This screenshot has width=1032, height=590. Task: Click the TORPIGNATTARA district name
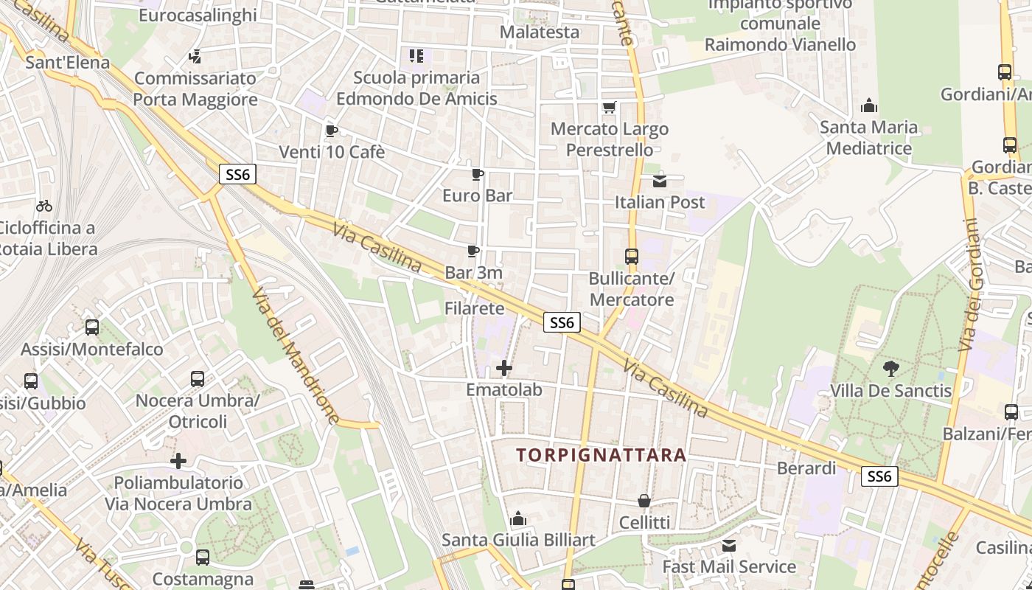[x=602, y=455]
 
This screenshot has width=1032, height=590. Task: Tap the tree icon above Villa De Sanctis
[x=890, y=367]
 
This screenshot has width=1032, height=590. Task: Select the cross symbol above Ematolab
[x=504, y=367]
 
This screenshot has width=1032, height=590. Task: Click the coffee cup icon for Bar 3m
[x=473, y=251]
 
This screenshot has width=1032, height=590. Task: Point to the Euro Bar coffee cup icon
[x=478, y=175]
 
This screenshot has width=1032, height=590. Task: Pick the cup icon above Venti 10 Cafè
[x=332, y=131]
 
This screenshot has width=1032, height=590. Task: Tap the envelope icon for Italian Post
[x=659, y=181]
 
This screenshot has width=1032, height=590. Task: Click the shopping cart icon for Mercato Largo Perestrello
[x=609, y=108]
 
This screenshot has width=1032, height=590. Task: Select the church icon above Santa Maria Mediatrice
[x=869, y=105]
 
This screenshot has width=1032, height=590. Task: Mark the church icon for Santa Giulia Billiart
[x=518, y=518]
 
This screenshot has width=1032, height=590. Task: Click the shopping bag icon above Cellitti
[x=644, y=502]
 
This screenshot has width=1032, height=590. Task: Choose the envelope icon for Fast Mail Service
[x=729, y=546]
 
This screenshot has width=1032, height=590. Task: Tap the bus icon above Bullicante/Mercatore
[x=632, y=257]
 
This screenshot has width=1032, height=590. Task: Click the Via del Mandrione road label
[x=296, y=355]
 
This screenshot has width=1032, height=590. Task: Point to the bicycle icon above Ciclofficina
[x=44, y=206]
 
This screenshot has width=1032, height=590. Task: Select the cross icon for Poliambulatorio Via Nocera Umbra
[x=178, y=462]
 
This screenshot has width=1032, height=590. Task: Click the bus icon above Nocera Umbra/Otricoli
[x=198, y=379]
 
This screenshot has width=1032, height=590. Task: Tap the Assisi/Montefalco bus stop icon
[x=92, y=327]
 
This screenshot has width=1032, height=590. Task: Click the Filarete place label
[x=474, y=308]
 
